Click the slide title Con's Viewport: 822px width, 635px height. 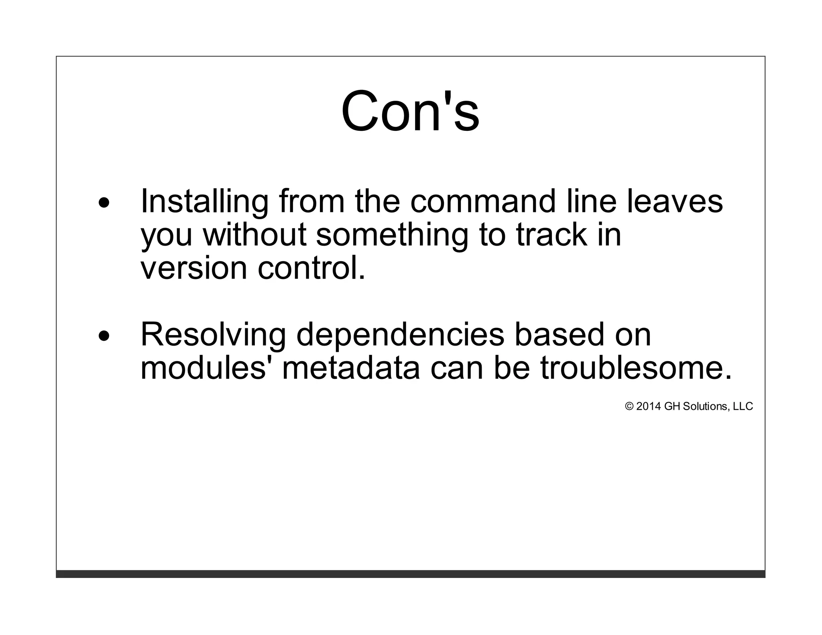tap(410, 111)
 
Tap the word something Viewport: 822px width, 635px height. tap(392, 235)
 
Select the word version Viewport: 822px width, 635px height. tap(194, 268)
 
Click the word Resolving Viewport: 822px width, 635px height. tap(213, 335)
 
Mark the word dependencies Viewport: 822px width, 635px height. tap(400, 335)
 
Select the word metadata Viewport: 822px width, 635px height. tap(351, 368)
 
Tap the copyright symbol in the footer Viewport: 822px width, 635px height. tap(629, 407)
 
